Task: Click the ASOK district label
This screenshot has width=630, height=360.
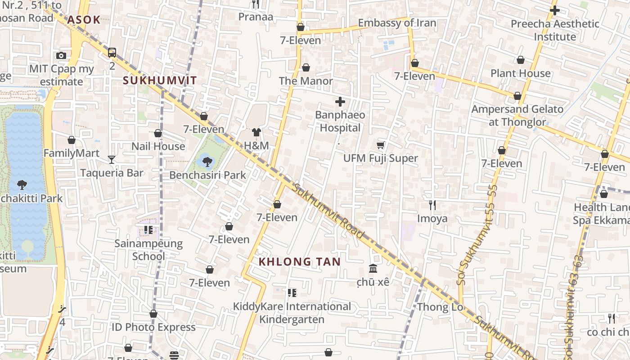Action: pyautogui.click(x=84, y=20)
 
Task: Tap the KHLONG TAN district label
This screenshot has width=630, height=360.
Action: pyautogui.click(x=300, y=261)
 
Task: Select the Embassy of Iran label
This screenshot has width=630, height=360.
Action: pyautogui.click(x=397, y=23)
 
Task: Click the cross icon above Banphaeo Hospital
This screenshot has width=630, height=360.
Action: pyautogui.click(x=340, y=102)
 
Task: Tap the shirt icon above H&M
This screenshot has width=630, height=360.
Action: pyautogui.click(x=256, y=132)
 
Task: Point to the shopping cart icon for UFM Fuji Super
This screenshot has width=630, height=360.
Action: pyautogui.click(x=381, y=145)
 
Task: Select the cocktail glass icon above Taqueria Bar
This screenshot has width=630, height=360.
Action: pyautogui.click(x=112, y=159)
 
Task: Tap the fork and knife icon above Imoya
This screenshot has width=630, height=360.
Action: pyautogui.click(x=432, y=205)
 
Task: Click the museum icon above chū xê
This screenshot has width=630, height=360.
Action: pyautogui.click(x=373, y=269)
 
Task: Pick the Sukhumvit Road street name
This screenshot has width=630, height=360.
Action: pyautogui.click(x=328, y=211)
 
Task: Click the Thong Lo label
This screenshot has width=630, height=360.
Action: pyautogui.click(x=440, y=307)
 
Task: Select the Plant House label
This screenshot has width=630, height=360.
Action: pyautogui.click(x=520, y=73)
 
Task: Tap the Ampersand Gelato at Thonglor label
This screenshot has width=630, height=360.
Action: pyautogui.click(x=517, y=116)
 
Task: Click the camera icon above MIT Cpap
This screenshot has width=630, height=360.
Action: pyautogui.click(x=61, y=56)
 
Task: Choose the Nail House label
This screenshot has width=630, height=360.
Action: pyautogui.click(x=158, y=146)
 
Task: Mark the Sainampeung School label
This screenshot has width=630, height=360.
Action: pyautogui.click(x=148, y=250)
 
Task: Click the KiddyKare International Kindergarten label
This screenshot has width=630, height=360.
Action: pyautogui.click(x=292, y=313)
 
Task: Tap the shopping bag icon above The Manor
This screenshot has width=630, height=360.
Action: pyautogui.click(x=306, y=67)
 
